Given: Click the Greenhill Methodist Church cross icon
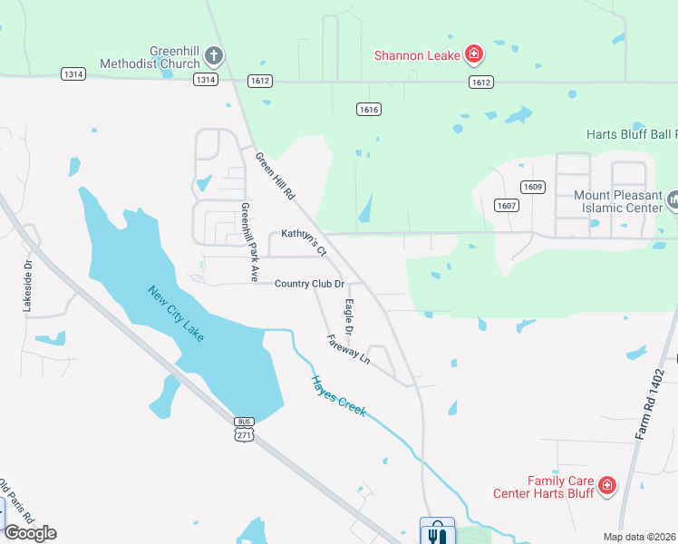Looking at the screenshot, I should tap(213, 56).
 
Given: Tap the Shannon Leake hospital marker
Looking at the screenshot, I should tap(473, 56).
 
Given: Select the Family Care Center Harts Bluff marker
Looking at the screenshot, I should tap(607, 487).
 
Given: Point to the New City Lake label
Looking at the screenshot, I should tap(176, 313).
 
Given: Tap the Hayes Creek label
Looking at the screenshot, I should tap(338, 396).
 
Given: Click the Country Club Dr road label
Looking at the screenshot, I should tap(310, 285).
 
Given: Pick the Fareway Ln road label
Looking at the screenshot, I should tap(349, 347).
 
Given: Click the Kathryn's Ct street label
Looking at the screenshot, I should tap(303, 241).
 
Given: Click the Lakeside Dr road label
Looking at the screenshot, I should tap(28, 287).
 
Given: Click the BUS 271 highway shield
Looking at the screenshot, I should tap(244, 429).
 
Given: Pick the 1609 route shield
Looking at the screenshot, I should tap(532, 187).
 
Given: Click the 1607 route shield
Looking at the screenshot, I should tap(507, 205).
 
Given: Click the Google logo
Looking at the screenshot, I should tap(30, 533).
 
